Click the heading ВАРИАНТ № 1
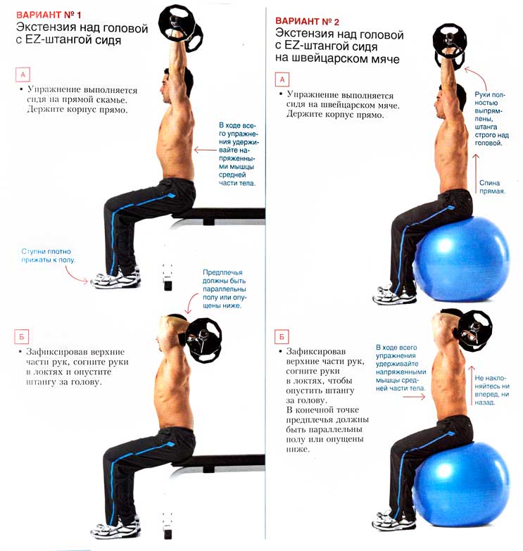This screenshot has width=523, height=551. click(x=49, y=15)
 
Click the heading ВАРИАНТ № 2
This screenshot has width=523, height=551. click(x=307, y=21)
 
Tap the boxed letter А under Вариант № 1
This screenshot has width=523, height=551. click(x=23, y=75)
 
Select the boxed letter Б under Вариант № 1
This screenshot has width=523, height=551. click(x=21, y=336)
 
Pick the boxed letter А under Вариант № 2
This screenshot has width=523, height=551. click(x=282, y=80)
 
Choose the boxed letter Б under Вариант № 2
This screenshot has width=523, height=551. click(x=282, y=336)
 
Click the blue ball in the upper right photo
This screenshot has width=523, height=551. click(x=462, y=259)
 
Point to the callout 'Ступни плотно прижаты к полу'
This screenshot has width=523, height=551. click(x=48, y=256)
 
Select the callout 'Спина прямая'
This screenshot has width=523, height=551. click(x=492, y=187)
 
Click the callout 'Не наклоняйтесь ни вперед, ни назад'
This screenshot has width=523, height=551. click(x=492, y=390)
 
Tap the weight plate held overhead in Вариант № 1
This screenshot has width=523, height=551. click(x=181, y=28)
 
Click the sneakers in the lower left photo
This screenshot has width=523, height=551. click(x=115, y=528)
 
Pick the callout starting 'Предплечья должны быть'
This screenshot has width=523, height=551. click(x=225, y=289)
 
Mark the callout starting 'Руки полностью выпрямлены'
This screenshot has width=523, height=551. click(x=491, y=119)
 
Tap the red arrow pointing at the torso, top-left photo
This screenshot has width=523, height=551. click(x=206, y=150)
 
